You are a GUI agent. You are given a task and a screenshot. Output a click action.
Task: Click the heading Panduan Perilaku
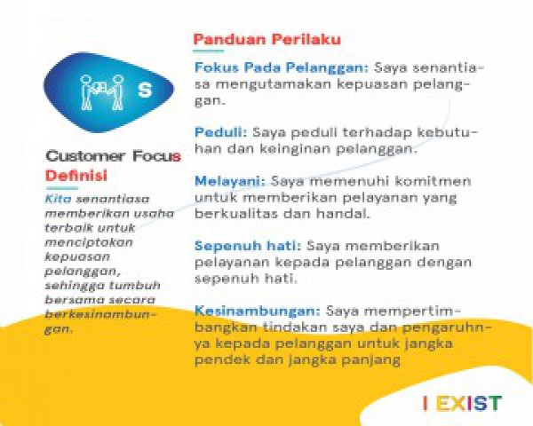point(266,39)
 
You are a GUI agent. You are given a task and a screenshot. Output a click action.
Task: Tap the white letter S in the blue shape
point(145,90)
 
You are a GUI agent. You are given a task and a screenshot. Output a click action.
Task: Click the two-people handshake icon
point(101,92)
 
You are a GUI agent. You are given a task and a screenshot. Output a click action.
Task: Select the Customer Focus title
point(113,156)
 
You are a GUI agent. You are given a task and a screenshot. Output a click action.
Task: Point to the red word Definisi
point(76,176)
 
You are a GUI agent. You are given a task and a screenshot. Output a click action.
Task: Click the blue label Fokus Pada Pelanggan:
point(282,68)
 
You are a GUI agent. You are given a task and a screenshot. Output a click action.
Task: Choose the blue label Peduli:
point(220,132)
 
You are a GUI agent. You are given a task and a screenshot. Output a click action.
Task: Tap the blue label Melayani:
point(230,181)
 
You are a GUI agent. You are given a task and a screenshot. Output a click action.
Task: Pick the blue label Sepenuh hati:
point(248,246)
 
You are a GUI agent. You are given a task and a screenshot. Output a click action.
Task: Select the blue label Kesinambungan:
point(258,311)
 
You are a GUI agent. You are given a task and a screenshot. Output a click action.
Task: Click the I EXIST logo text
point(462,403)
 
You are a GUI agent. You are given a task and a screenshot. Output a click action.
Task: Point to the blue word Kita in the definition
point(58,199)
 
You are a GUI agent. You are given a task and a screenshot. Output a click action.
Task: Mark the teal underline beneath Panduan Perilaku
point(209,51)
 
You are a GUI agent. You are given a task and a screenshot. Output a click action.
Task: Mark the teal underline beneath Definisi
point(62,188)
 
